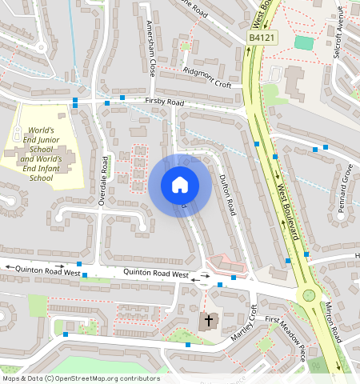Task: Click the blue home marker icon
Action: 180,186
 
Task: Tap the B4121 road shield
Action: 262,38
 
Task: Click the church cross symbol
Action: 209,321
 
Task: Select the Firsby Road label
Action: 165,103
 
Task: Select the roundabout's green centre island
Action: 307,295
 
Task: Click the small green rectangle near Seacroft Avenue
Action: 304,42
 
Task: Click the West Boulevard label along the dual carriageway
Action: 287,213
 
